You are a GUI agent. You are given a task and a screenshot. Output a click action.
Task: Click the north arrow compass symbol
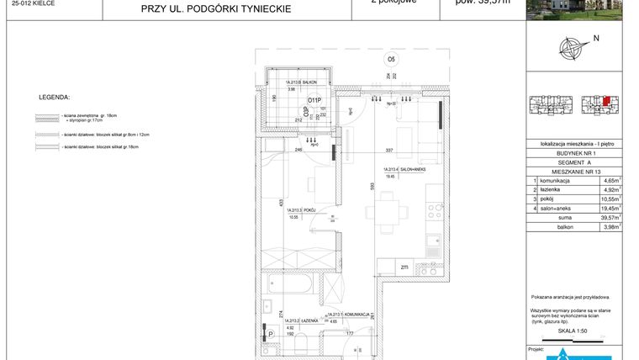click(x=574, y=48)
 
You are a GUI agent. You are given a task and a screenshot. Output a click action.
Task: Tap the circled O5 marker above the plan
click(x=391, y=59)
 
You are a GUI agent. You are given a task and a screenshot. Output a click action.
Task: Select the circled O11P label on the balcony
click(x=314, y=99)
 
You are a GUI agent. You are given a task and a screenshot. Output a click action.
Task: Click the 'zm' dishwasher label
click(x=404, y=267)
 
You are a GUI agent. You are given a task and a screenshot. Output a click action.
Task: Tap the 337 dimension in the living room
click(x=389, y=151)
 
